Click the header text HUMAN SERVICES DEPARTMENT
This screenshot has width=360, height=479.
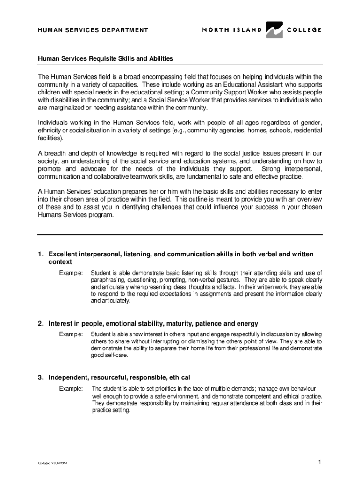click(x=93, y=30)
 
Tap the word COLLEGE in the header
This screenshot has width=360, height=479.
click(x=303, y=30)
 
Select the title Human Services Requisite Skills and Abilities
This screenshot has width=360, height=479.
click(x=105, y=59)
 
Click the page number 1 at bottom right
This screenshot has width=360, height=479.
click(x=319, y=463)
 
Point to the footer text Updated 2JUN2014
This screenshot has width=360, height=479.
click(x=52, y=464)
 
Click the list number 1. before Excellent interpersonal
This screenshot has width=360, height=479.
click(x=41, y=254)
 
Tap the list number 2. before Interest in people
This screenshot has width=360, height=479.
click(x=41, y=324)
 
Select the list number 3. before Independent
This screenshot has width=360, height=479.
click(x=41, y=377)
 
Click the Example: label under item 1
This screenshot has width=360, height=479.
click(x=71, y=272)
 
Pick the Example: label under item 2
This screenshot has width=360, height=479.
click(x=71, y=334)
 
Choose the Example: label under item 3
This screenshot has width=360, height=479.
click(x=71, y=389)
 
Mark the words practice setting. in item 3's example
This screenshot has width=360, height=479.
click(x=111, y=410)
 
